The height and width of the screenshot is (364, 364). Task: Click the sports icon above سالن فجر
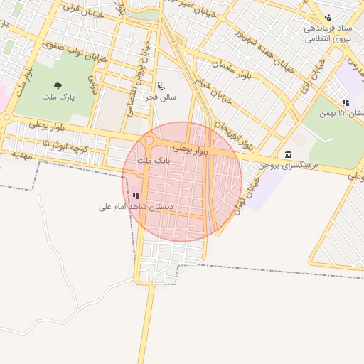[160, 86]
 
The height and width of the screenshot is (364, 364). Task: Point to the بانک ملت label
[154, 161]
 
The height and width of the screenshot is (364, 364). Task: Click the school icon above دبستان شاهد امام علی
[136, 195]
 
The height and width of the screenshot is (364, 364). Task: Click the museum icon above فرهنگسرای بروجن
[287, 154]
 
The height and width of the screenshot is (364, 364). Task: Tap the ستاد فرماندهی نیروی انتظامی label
[328, 33]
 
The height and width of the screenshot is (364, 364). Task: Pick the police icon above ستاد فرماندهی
[328, 17]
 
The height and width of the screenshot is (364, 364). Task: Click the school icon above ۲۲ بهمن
[345, 102]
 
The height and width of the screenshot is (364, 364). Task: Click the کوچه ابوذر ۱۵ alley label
[63, 145]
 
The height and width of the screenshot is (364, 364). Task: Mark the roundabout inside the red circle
[150, 141]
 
